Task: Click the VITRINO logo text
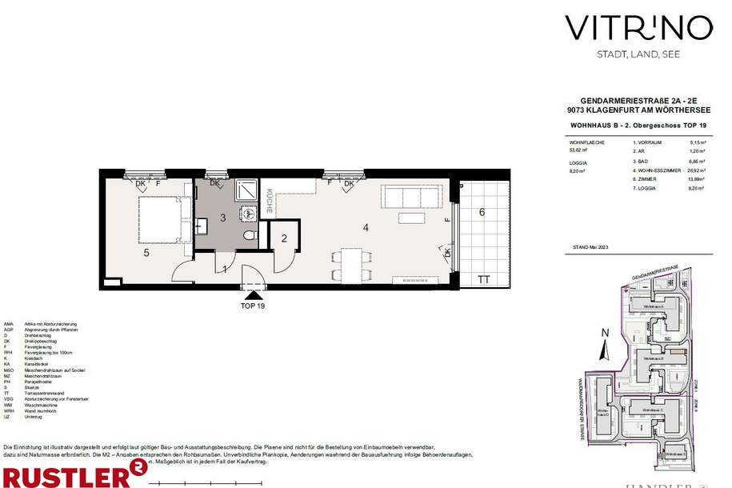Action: pos(638,28)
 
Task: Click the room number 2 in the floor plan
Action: pos(283,238)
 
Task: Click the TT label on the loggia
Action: pos(483,280)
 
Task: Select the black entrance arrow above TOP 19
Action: pos(253,297)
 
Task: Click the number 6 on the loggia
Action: pos(482,212)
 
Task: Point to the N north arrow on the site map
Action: pos(605,333)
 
